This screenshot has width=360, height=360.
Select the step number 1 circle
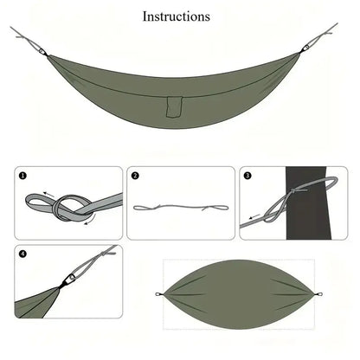pos(23,176)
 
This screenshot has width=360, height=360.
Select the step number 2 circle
pos(136,176)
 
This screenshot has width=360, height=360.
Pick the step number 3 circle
pos(247,176)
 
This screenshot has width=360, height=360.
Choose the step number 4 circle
pos(23,254)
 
